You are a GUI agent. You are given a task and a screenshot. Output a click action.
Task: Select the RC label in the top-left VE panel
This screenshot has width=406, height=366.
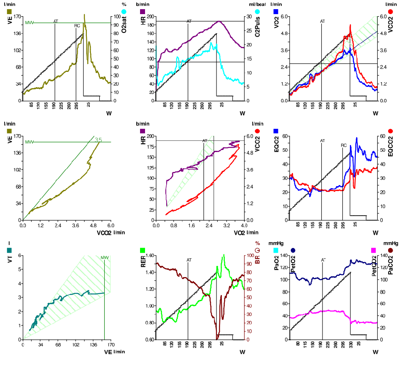tap(77, 26)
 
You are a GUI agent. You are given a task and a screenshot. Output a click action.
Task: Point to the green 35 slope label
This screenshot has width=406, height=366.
tap(98, 140)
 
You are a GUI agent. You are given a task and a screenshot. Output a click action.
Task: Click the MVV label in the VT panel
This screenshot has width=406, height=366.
tap(104, 257)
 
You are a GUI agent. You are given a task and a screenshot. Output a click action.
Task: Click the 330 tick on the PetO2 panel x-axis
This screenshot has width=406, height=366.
tap(351, 344)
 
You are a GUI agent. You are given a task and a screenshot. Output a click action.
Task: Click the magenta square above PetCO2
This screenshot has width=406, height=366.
tap(374, 250)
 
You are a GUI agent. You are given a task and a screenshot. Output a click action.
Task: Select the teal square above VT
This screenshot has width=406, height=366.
tap(10, 250)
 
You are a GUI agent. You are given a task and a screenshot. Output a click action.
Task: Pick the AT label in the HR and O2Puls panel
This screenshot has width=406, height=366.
tap(189, 21)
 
